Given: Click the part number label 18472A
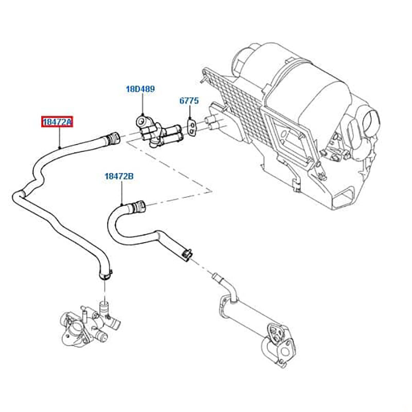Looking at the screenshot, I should pos(58,122).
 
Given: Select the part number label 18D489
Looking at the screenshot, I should pos(140,89).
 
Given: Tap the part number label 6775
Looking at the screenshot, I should pos(188,101).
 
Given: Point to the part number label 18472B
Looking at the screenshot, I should pos(119,176).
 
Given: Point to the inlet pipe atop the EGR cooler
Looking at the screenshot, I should pos(226,284).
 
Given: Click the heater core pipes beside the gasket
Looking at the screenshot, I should pos(211,123).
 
